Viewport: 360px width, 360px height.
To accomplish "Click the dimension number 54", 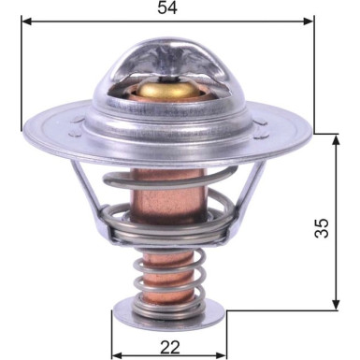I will tap(168, 8).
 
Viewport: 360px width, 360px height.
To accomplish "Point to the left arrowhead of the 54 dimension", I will tap(28, 19).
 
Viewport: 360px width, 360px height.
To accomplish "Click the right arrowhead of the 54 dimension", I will tap(309, 19).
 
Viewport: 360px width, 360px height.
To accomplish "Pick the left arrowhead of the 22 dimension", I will tap(117, 353).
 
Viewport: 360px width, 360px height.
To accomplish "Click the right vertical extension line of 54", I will tap(315, 75).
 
